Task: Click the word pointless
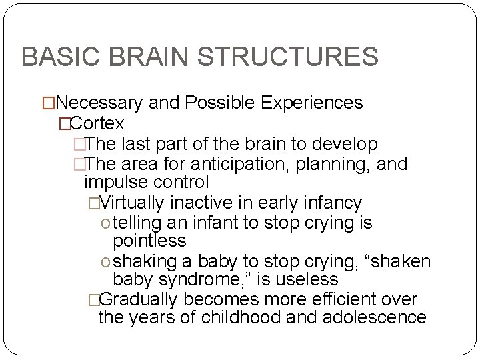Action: (150, 240)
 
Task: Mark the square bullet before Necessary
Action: (48, 103)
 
